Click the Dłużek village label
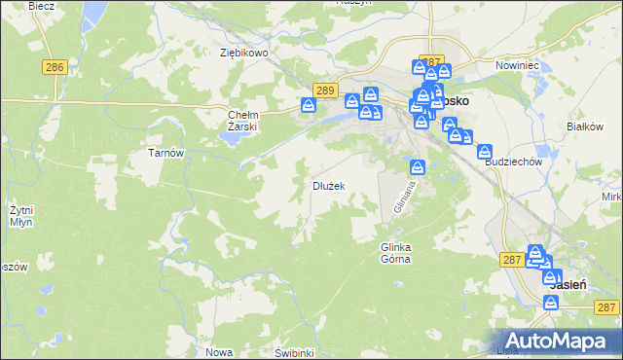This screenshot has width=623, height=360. pyautogui.click(x=328, y=185)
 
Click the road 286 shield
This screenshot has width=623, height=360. pyautogui.click(x=55, y=67)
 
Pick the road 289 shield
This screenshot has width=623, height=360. pyautogui.click(x=325, y=90)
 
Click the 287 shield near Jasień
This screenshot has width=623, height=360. pyautogui.click(x=513, y=260)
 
